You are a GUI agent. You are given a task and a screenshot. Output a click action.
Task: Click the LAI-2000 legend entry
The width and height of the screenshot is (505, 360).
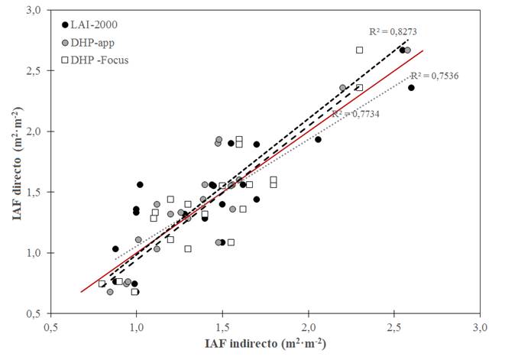90,25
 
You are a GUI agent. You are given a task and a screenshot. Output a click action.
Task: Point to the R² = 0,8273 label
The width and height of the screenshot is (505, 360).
392,31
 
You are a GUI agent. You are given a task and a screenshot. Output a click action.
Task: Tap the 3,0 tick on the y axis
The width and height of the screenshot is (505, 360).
33,11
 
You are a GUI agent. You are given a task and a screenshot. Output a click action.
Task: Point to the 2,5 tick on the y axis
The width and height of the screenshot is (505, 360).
33,71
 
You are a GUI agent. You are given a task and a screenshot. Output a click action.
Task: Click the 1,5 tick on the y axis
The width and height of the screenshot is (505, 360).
33,192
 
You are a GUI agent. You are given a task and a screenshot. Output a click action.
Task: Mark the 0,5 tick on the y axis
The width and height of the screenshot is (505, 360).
33,313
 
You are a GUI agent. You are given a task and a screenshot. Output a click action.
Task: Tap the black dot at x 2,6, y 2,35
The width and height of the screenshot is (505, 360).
411,88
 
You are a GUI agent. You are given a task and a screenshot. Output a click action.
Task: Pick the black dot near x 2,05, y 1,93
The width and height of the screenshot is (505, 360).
318,139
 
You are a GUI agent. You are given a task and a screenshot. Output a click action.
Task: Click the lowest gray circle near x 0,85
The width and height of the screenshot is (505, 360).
110,292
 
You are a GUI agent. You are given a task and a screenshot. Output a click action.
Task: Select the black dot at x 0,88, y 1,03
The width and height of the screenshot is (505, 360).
115,248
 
